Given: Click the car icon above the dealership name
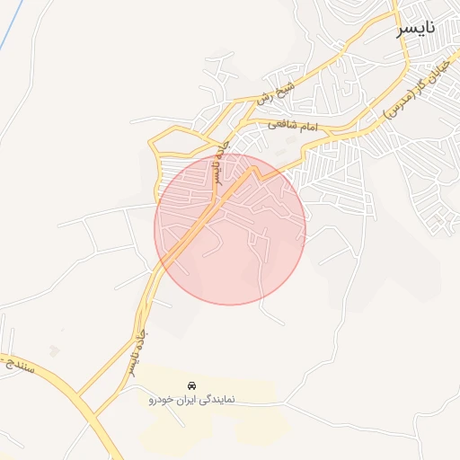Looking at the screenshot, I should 191,385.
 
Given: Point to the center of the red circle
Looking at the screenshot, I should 230,229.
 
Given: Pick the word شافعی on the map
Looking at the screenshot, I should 299,128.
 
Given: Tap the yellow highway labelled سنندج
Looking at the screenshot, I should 54,377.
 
